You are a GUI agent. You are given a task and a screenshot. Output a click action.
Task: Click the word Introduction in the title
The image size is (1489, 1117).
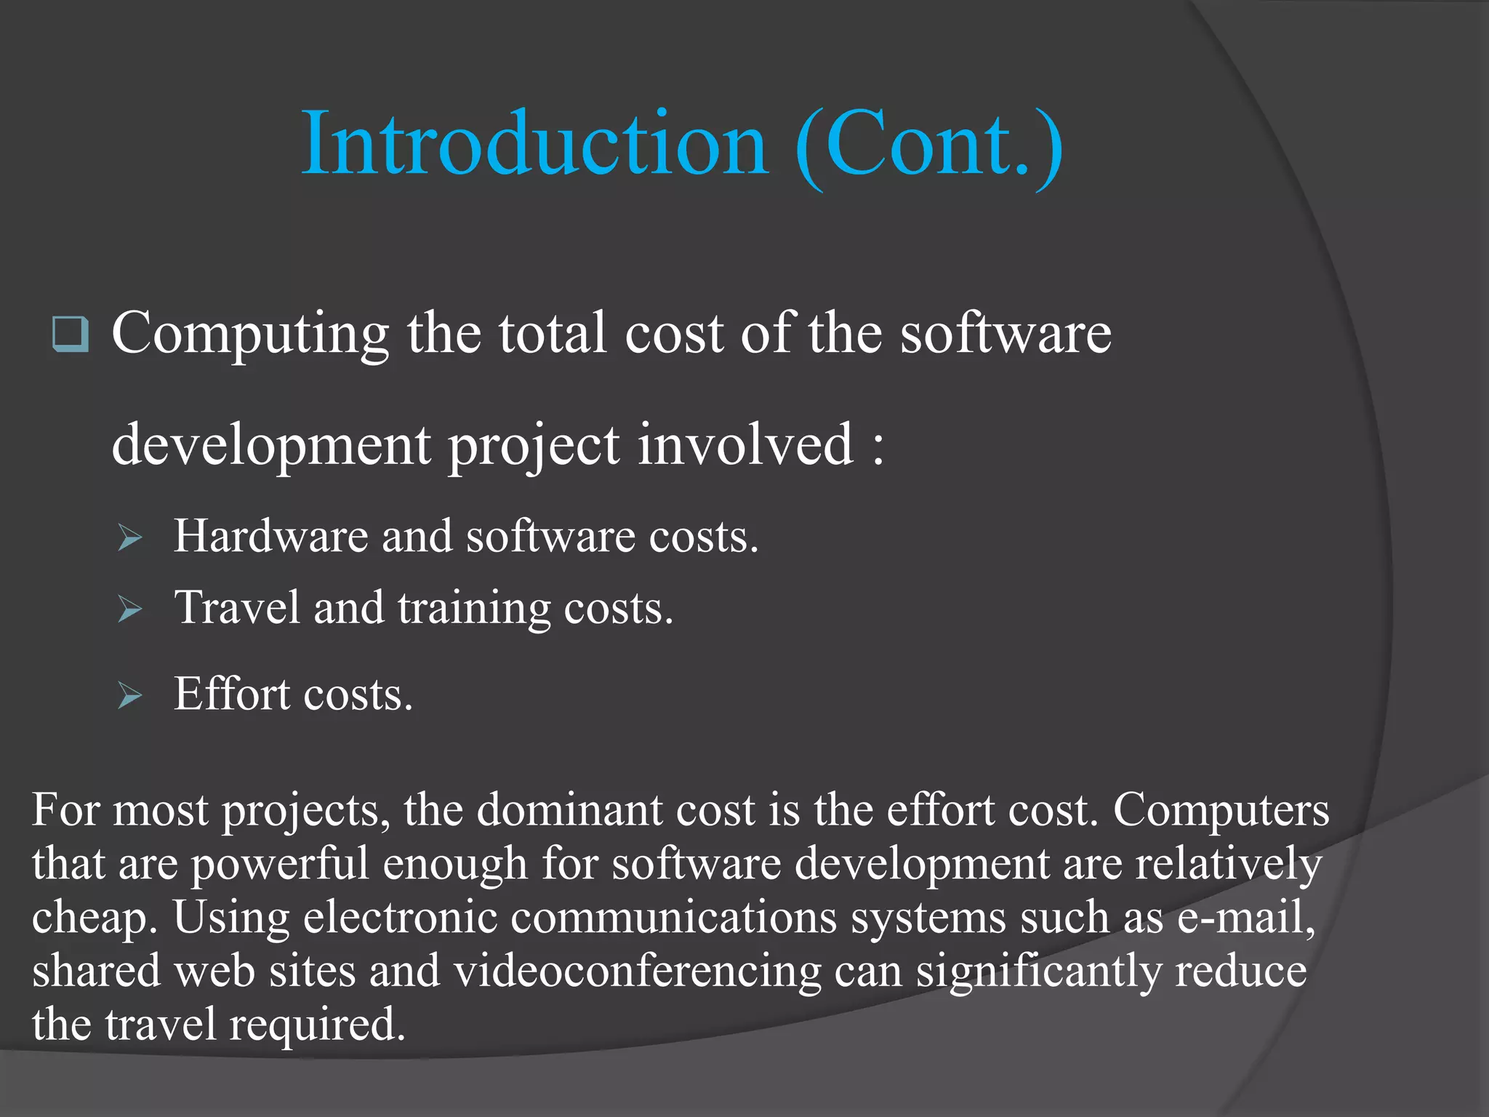(x=534, y=143)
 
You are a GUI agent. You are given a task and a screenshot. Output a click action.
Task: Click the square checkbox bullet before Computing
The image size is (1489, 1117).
(x=71, y=335)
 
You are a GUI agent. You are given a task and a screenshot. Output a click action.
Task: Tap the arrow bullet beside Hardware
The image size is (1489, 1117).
(x=129, y=538)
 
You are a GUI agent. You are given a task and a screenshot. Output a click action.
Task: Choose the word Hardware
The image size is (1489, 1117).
(x=270, y=537)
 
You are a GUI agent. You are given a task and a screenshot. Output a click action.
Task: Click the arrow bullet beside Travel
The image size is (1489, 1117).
(x=129, y=609)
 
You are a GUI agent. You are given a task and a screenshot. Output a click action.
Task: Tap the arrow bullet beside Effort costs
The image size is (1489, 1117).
(x=129, y=696)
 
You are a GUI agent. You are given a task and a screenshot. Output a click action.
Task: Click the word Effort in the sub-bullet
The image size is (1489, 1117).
(x=231, y=694)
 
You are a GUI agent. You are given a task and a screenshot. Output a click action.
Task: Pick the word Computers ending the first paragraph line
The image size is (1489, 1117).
(x=1221, y=810)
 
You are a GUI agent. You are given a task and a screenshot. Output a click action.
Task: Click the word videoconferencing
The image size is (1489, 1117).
(x=638, y=972)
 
